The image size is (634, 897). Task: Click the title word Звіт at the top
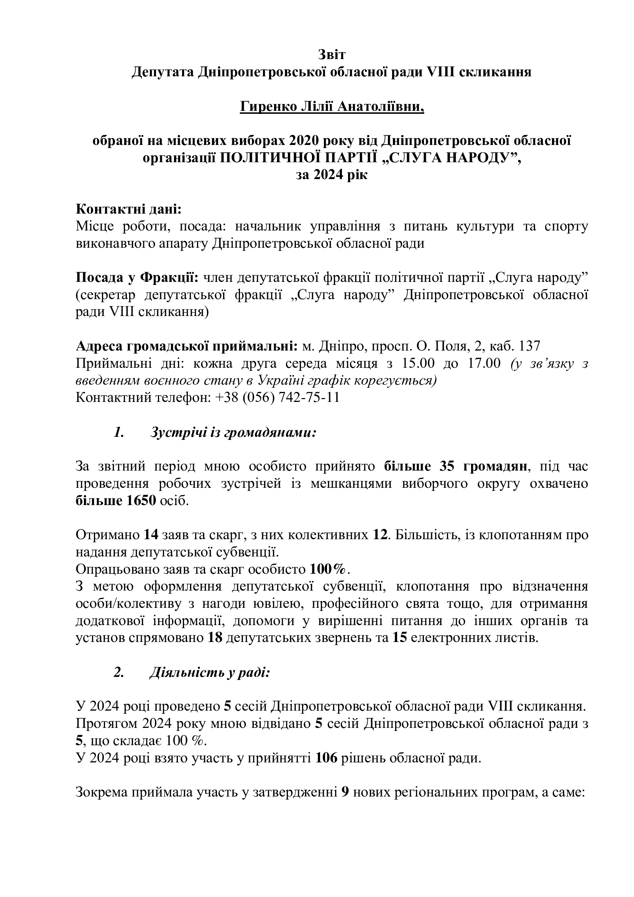click(332, 54)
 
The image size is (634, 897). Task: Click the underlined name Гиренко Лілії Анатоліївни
click(332, 106)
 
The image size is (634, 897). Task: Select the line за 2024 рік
click(332, 174)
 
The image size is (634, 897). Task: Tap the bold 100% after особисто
click(327, 569)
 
